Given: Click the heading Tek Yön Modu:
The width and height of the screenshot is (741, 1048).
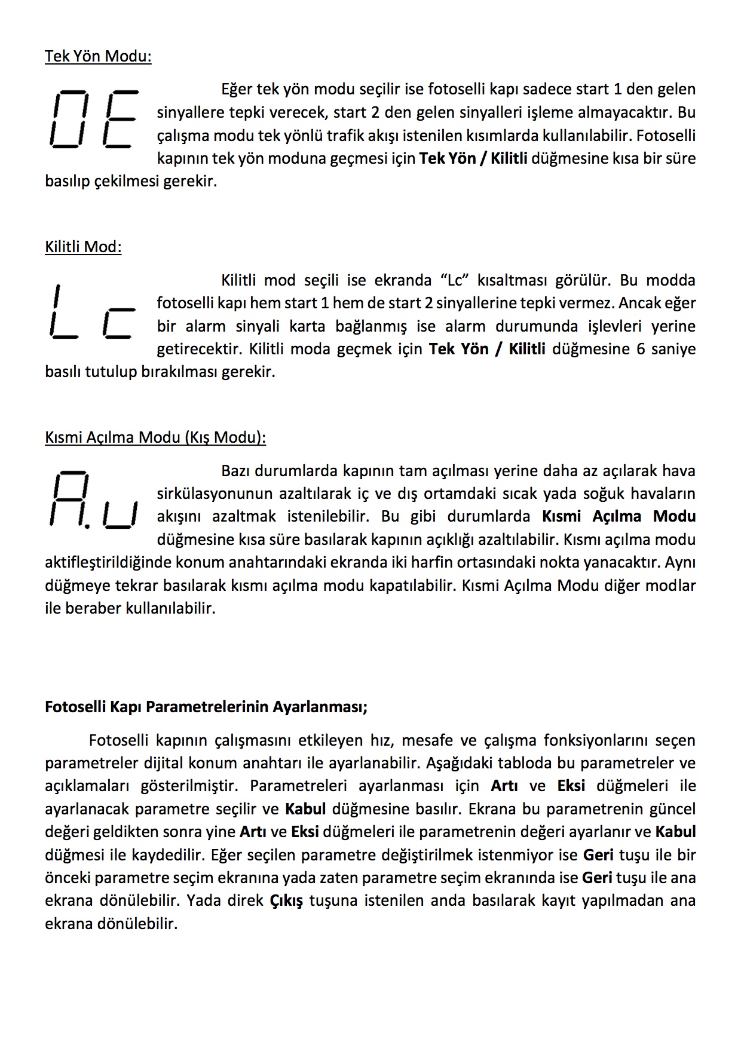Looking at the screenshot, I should pyautogui.click(x=98, y=56).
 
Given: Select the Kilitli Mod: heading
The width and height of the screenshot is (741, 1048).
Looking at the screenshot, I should pyautogui.click(x=83, y=247).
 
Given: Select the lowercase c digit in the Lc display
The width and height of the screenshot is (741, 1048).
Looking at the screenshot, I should pyautogui.click(x=119, y=323).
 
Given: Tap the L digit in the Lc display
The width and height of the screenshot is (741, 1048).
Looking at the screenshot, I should pyautogui.click(x=63, y=311).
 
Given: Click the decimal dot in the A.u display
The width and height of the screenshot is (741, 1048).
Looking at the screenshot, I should pyautogui.click(x=87, y=527).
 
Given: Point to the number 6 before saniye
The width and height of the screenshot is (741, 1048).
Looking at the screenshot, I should pyautogui.click(x=641, y=349).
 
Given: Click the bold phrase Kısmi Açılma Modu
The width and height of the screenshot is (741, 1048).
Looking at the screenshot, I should pyautogui.click(x=619, y=516).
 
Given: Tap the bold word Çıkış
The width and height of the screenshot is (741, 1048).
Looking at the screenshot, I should pyautogui.click(x=286, y=900).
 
